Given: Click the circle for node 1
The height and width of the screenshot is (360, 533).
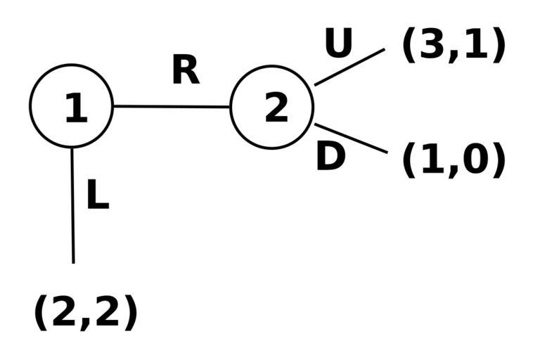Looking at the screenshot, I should coord(71,106).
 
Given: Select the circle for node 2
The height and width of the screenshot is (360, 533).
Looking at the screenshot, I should coord(271,107).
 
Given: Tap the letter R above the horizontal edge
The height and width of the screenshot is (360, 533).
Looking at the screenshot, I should coord(186,70).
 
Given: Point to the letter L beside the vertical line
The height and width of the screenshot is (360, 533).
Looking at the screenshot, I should coord(97,195).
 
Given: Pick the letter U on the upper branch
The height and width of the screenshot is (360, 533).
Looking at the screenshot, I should coord(338,44).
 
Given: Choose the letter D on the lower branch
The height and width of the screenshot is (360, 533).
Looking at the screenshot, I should coord(330,157).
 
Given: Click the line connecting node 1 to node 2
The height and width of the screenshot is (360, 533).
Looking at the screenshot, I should coord(172,107).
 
